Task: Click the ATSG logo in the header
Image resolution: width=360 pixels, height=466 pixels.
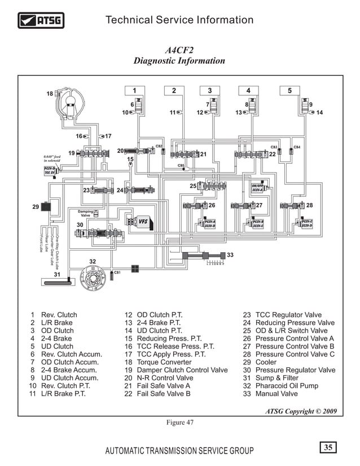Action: click(x=41, y=21)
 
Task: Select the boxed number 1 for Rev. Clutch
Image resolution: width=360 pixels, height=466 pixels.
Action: click(x=134, y=90)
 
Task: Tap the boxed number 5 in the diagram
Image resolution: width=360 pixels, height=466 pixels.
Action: click(x=289, y=90)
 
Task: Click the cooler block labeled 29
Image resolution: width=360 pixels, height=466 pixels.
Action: click(x=46, y=206)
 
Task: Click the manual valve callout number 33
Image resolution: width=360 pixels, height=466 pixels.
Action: click(x=230, y=255)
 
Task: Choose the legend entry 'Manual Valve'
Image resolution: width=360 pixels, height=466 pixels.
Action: click(x=276, y=394)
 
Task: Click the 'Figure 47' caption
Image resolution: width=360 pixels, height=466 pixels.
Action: click(x=179, y=424)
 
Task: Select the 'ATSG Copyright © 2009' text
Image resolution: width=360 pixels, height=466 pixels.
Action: click(x=301, y=411)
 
